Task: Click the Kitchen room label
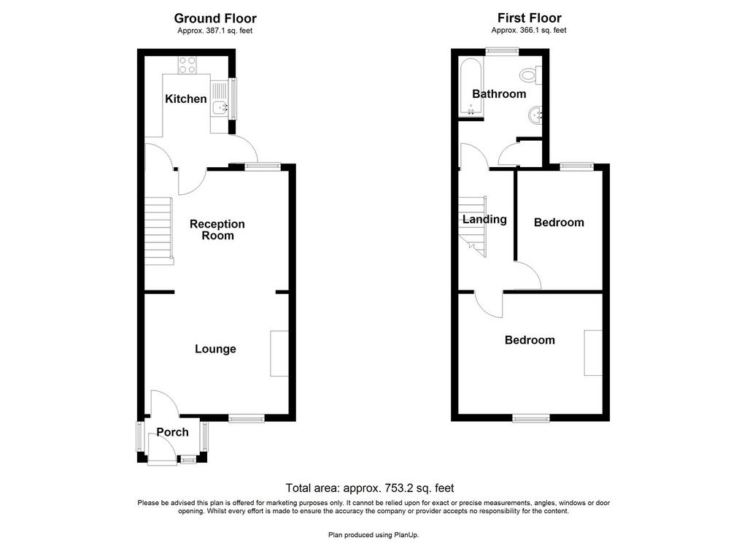186,99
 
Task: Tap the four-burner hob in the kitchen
187,65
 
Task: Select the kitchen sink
220,107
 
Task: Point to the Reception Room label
217,229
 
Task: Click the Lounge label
215,349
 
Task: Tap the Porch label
172,432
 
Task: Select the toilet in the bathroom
531,75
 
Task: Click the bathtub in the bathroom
471,88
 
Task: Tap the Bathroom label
499,94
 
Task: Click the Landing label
484,219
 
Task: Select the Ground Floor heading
215,18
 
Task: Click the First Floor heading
530,18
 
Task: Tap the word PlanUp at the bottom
405,535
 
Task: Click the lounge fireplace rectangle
279,354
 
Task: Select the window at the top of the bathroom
502,50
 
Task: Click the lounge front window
247,418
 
